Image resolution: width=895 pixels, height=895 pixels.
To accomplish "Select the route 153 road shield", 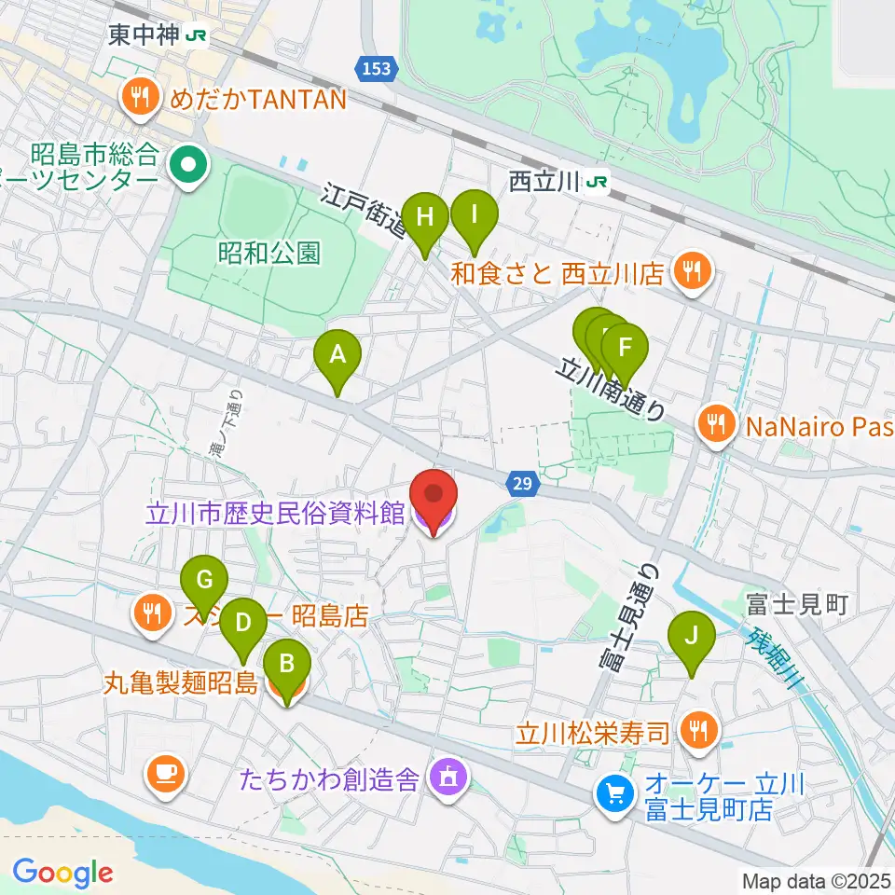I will pyautogui.click(x=378, y=68).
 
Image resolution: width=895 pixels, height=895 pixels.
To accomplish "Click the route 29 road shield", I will pyautogui.click(x=524, y=483).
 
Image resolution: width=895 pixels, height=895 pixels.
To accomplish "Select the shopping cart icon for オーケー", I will pyautogui.click(x=614, y=792).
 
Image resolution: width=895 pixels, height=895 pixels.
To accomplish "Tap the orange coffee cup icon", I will pyautogui.click(x=166, y=771).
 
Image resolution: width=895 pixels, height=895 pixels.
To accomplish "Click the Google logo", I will pyautogui.click(x=62, y=873).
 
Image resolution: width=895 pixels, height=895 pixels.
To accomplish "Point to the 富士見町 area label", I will pyautogui.click(x=796, y=603).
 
